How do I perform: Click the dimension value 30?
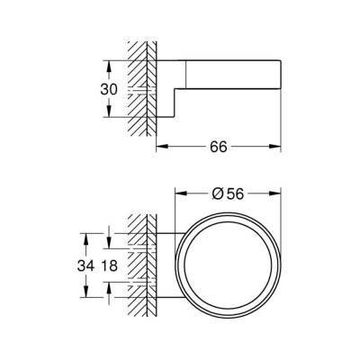coord(109,89)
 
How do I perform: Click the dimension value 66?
coord(219,147)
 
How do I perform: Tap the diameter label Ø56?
coord(228,193)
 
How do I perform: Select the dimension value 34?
coord(85,265)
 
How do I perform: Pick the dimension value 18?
coord(109,265)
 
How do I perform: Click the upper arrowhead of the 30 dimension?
coord(109,66)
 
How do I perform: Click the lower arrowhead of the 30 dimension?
coord(109,111)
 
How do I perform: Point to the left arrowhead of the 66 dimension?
coord(163,147)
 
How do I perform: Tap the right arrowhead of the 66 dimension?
coord(275,147)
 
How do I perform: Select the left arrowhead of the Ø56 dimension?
coord(181,193)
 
